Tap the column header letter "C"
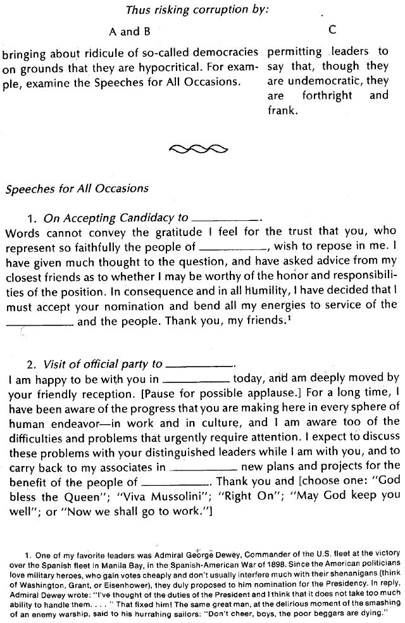[332, 30]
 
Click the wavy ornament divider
[199, 149]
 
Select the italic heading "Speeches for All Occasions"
[77, 188]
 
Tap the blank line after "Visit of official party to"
[199, 367]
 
